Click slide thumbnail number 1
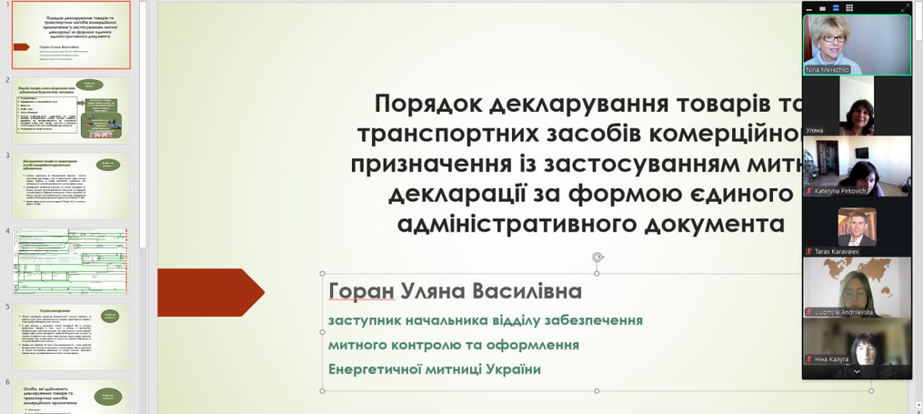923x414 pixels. (x=71, y=35)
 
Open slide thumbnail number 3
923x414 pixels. (x=71, y=186)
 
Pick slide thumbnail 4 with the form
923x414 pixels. (x=71, y=260)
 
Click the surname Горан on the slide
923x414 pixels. (x=361, y=291)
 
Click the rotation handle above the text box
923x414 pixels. (x=597, y=257)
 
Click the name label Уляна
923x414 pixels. (x=814, y=130)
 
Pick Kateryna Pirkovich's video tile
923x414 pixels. (x=856, y=166)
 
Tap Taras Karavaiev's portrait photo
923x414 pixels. (x=857, y=227)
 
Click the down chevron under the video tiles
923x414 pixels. (x=856, y=371)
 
